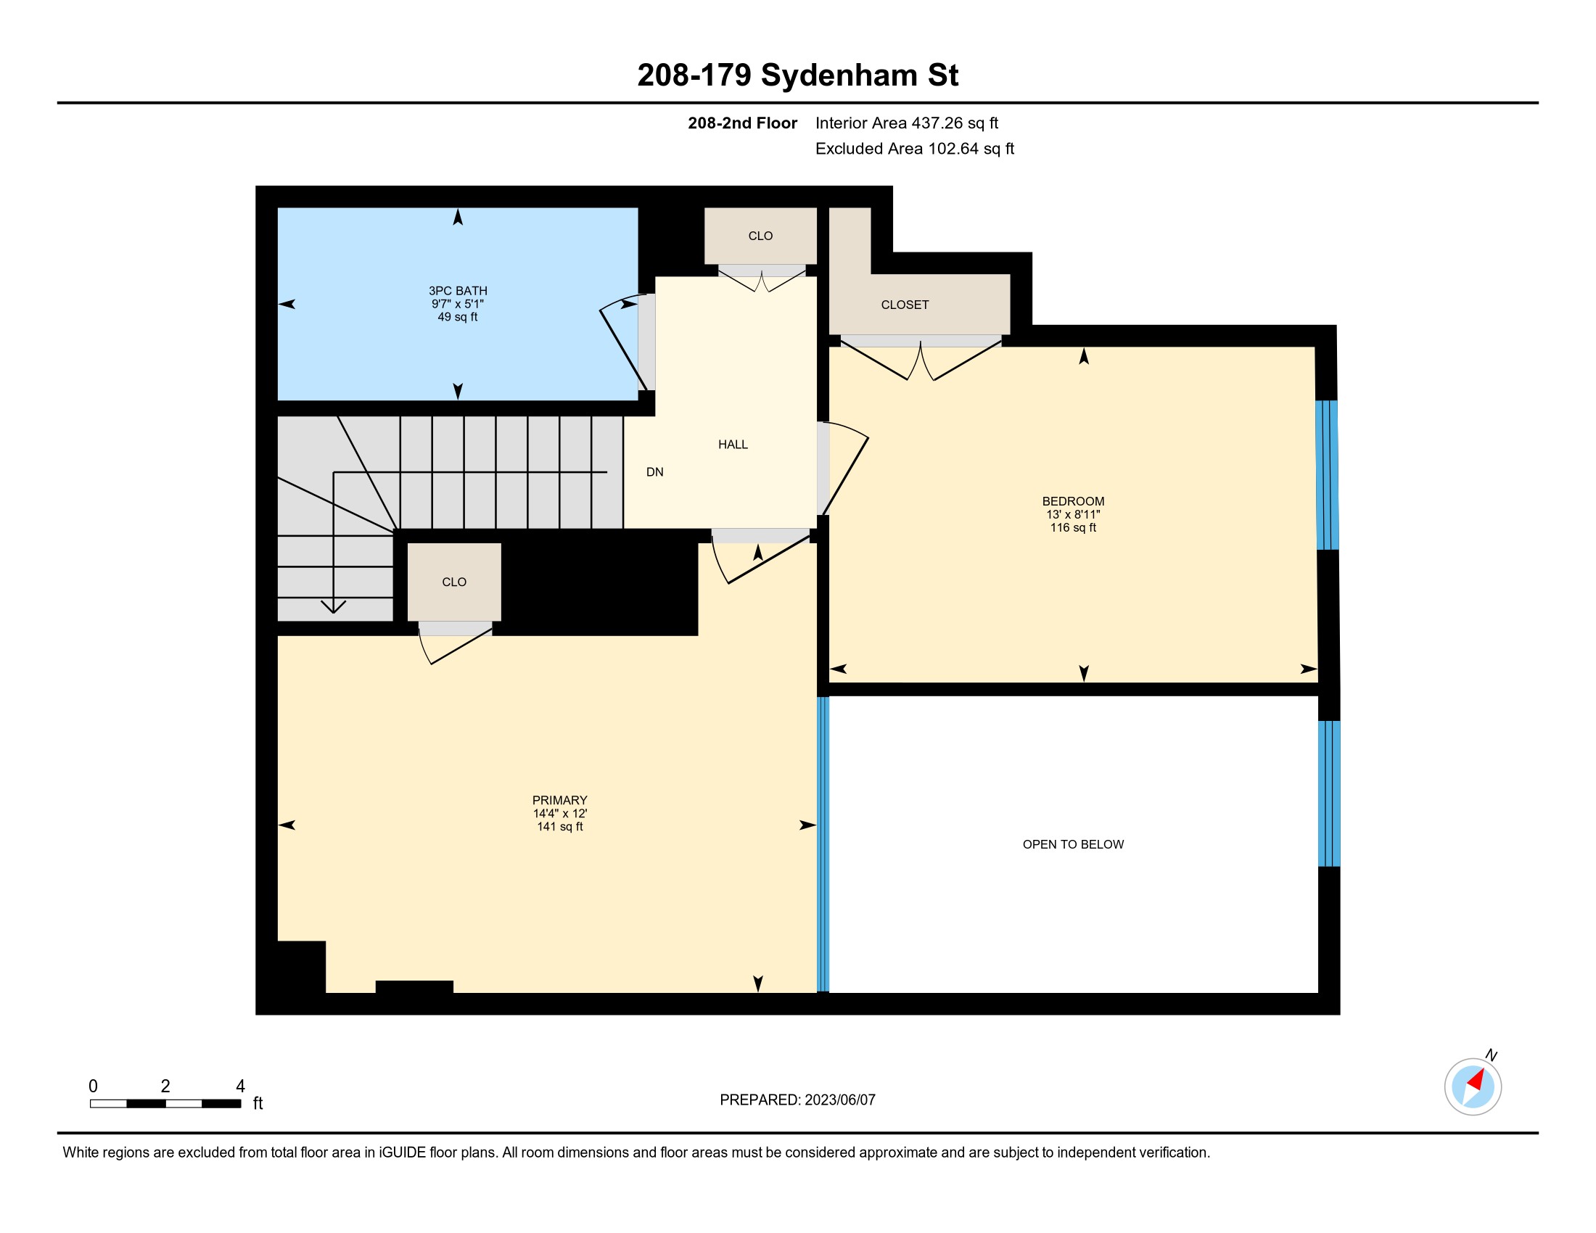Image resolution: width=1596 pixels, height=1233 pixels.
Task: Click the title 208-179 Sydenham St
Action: click(x=797, y=75)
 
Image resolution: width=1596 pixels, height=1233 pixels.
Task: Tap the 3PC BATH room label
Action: click(x=458, y=291)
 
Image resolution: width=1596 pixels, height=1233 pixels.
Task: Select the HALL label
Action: click(x=733, y=444)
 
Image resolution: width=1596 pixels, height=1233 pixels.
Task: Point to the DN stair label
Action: click(x=655, y=472)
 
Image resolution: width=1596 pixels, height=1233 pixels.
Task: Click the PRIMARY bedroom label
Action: click(x=560, y=800)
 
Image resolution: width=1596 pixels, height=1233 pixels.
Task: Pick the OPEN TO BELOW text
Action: click(x=1073, y=844)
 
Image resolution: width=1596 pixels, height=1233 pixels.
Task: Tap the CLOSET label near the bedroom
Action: click(x=905, y=305)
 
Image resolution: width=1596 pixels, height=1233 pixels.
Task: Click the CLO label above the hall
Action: click(x=760, y=236)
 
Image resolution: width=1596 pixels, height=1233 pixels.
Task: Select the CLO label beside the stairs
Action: click(x=454, y=582)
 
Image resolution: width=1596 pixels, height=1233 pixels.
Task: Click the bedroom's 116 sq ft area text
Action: click(x=1073, y=527)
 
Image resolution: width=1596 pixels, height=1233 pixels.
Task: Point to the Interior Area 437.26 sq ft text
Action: click(x=906, y=123)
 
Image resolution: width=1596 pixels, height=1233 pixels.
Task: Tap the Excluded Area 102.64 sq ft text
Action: click(x=914, y=149)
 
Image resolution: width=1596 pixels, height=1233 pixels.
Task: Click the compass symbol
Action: click(x=1473, y=1086)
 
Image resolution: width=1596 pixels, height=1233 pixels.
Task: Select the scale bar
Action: click(x=165, y=1104)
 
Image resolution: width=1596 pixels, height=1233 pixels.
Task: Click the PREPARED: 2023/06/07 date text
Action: click(x=797, y=1100)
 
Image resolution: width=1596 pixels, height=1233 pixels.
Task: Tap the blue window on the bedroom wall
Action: click(x=1327, y=475)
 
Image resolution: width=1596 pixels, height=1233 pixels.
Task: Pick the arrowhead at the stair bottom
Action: click(x=333, y=606)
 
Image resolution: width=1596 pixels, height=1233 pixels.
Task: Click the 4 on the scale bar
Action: click(x=239, y=1086)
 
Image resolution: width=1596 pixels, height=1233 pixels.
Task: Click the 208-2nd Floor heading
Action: click(x=742, y=123)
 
